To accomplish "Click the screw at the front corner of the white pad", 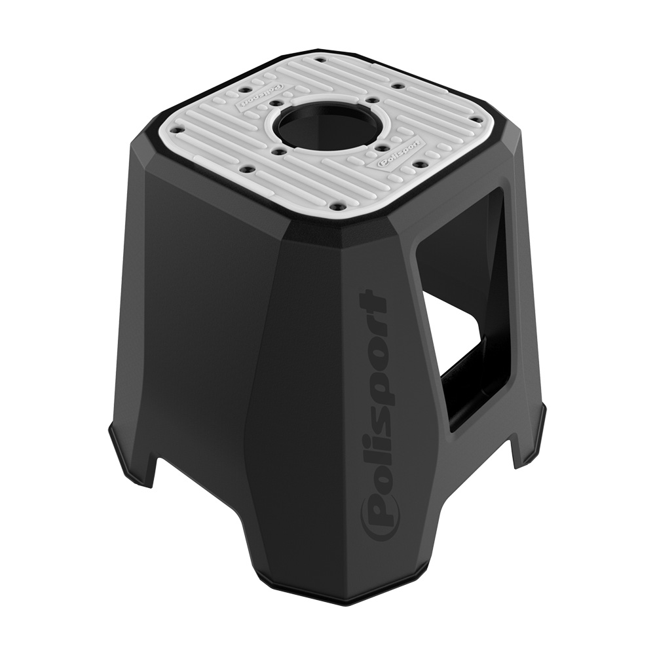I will click(x=337, y=206).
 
